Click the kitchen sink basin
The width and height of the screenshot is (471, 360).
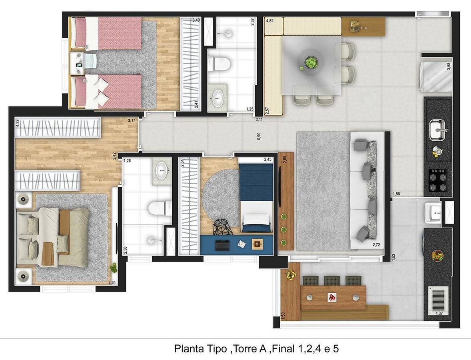pos(437,130)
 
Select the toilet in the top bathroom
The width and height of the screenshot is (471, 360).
pos(219,64)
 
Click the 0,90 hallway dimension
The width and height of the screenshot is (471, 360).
pos(259,136)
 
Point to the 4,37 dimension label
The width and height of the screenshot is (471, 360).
pos(439,314)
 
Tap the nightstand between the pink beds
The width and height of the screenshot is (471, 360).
pos(79,64)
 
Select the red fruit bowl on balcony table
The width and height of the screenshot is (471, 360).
pos(331,297)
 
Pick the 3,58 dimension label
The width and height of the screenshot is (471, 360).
pos(449,66)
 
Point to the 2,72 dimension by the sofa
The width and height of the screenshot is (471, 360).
pos(376,245)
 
